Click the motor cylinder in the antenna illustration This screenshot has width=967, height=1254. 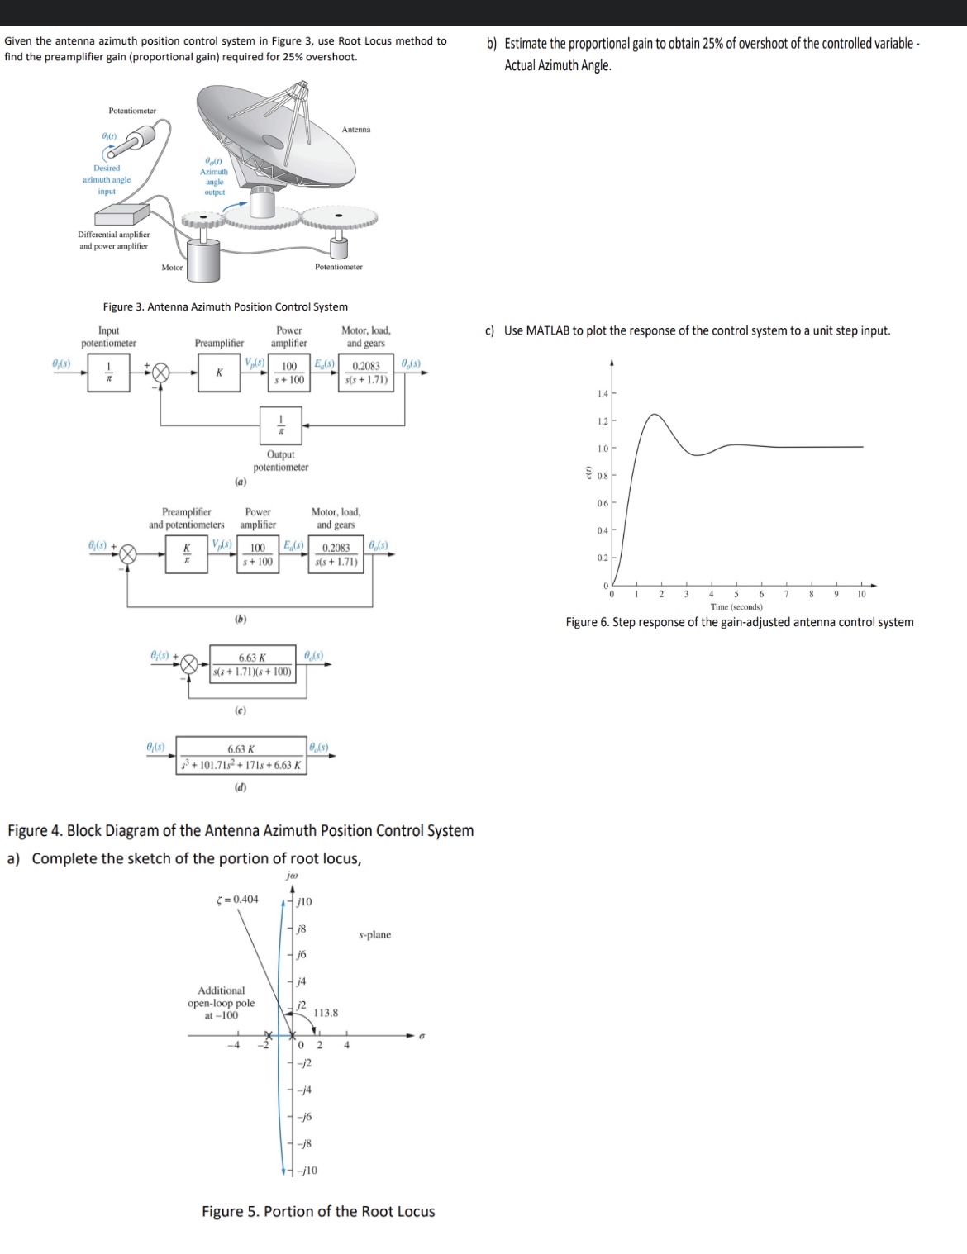[202, 262]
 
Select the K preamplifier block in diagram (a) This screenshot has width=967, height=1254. [219, 373]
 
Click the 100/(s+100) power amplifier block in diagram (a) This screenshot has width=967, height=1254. [290, 373]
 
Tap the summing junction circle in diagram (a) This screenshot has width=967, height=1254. [160, 373]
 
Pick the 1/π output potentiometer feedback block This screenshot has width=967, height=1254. [281, 425]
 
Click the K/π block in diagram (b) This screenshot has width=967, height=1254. [188, 553]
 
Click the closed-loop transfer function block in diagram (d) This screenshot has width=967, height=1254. [241, 758]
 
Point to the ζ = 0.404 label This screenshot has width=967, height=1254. [236, 899]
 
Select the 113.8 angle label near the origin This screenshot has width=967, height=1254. [326, 1012]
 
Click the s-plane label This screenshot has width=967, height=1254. [375, 934]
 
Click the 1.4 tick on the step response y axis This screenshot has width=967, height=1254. [602, 394]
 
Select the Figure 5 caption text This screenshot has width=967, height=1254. [318, 1211]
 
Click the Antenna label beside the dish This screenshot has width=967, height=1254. [356, 129]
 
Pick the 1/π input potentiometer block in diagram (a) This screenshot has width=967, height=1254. [107, 373]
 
